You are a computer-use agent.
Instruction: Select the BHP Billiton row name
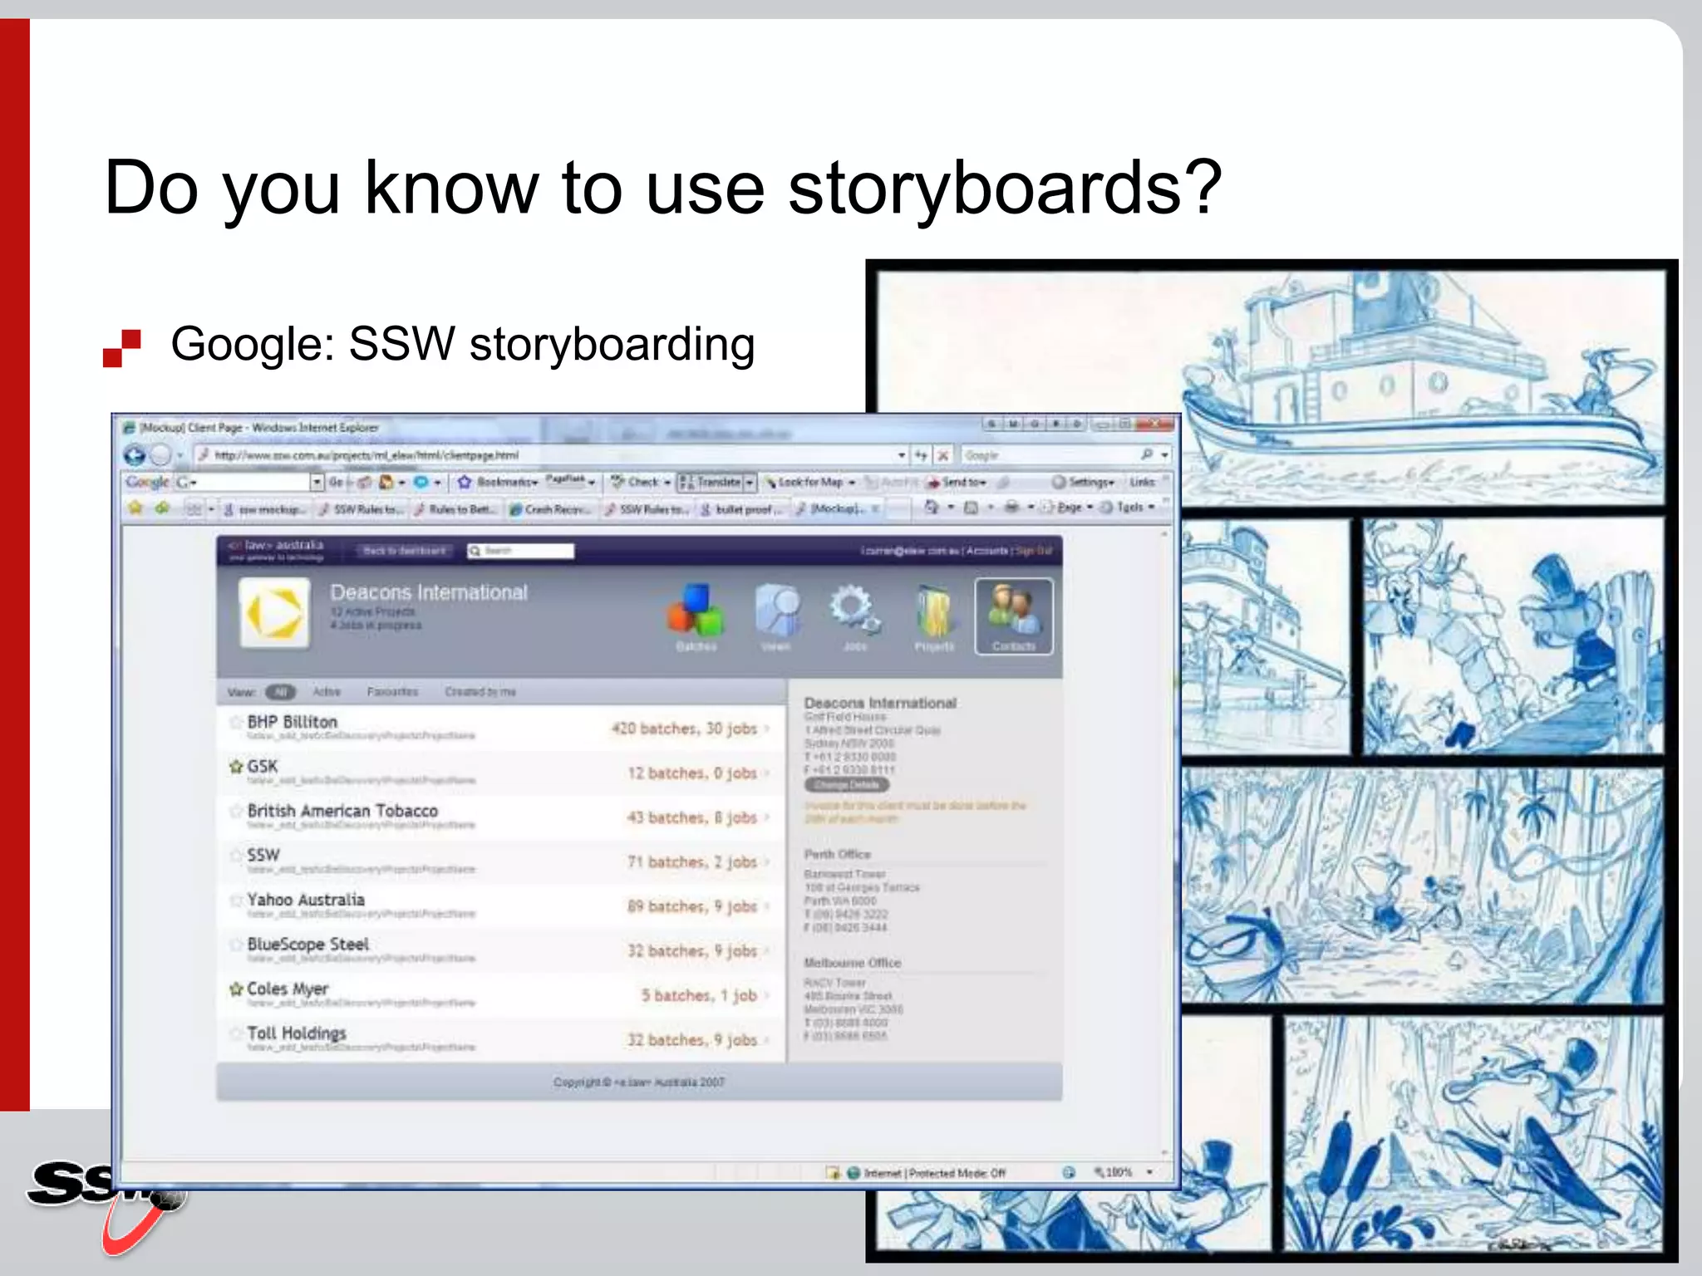coord(292,722)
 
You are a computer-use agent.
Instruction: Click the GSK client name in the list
coord(263,766)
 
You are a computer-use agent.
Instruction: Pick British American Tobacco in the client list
coord(342,811)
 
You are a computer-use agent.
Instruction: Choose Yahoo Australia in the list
coord(306,900)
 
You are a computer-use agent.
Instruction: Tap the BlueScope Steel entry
coord(307,945)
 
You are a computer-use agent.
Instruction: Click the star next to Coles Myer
coord(236,989)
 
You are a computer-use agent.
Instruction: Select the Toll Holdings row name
coord(297,1033)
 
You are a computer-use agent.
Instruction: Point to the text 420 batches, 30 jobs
coord(684,729)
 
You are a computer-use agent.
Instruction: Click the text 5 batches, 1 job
coord(699,995)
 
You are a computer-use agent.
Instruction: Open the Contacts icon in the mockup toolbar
coord(1013,616)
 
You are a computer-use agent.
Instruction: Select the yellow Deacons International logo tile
coord(274,614)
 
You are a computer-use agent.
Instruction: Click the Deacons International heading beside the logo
coord(429,592)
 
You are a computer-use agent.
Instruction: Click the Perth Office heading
coord(837,854)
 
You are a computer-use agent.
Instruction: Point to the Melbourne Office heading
coord(852,963)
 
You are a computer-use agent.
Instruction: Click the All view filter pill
coord(280,692)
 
